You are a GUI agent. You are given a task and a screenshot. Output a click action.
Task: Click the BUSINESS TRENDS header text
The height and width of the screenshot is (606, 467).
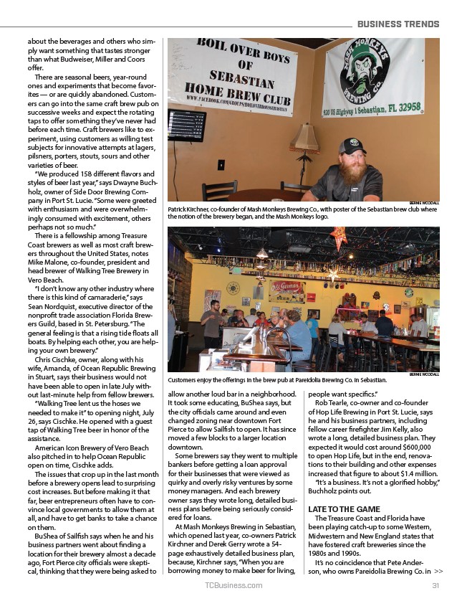398,24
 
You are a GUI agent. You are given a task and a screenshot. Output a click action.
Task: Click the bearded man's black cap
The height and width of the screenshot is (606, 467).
352,146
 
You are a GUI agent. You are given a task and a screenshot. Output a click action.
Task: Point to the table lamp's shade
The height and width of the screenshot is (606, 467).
304,136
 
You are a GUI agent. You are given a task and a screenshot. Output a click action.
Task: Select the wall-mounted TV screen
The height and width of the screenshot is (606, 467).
186,125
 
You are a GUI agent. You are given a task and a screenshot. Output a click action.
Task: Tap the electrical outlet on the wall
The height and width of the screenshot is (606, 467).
221,164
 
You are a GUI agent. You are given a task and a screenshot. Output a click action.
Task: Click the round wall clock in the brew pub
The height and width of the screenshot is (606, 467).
233,288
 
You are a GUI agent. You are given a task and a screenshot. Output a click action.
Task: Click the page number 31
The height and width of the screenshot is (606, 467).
435,586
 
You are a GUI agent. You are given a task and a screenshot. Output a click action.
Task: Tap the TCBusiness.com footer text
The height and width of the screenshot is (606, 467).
233,586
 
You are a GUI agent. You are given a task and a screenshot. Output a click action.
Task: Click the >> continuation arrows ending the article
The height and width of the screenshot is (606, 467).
438,572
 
